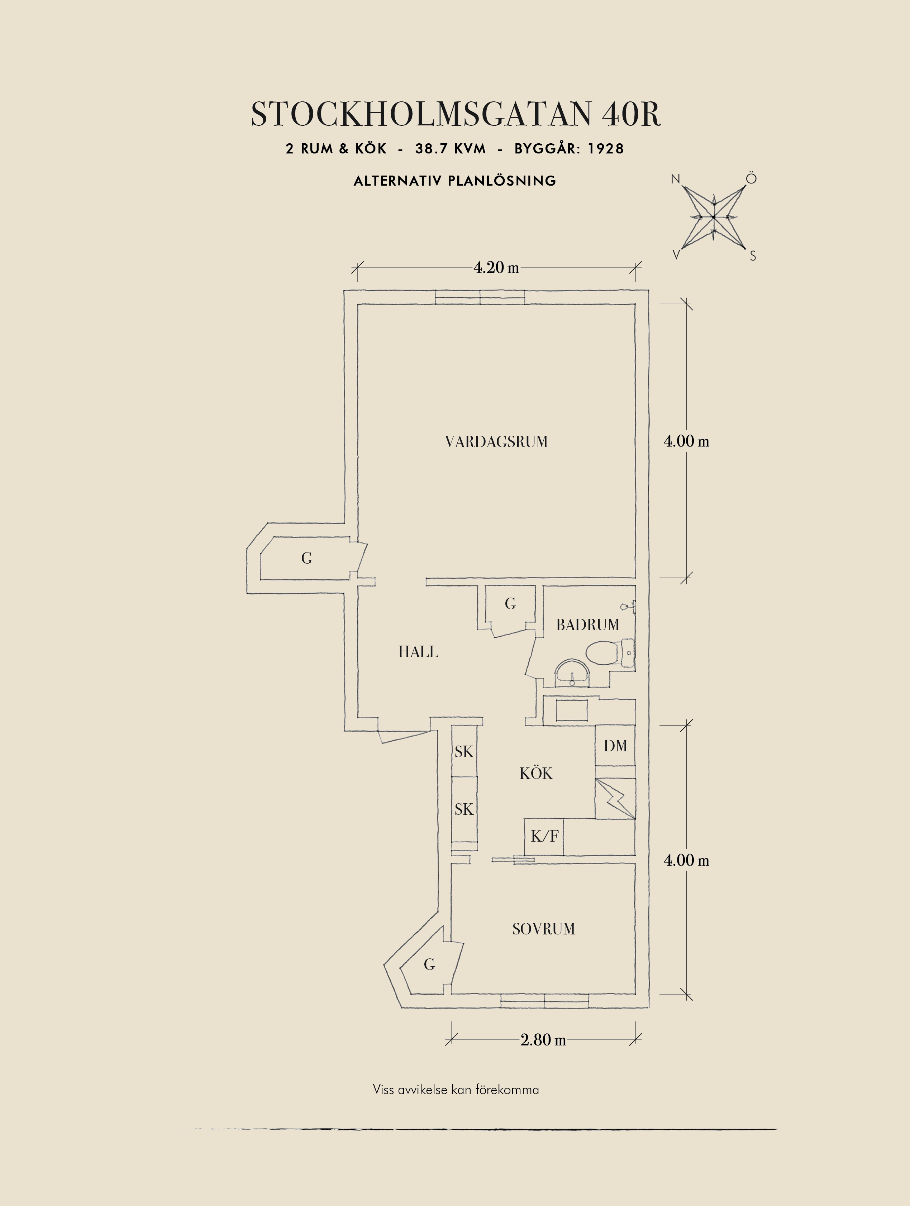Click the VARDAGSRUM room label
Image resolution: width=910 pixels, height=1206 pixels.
click(x=496, y=442)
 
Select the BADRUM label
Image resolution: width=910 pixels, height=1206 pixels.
click(x=588, y=625)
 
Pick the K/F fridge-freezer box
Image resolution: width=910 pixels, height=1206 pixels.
click(x=544, y=836)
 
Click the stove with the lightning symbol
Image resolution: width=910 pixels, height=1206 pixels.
click(x=615, y=798)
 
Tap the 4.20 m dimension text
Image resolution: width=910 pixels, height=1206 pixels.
click(x=496, y=268)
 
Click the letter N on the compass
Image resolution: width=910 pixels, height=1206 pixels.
click(x=676, y=179)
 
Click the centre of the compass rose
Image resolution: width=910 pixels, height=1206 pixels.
click(x=713, y=217)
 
